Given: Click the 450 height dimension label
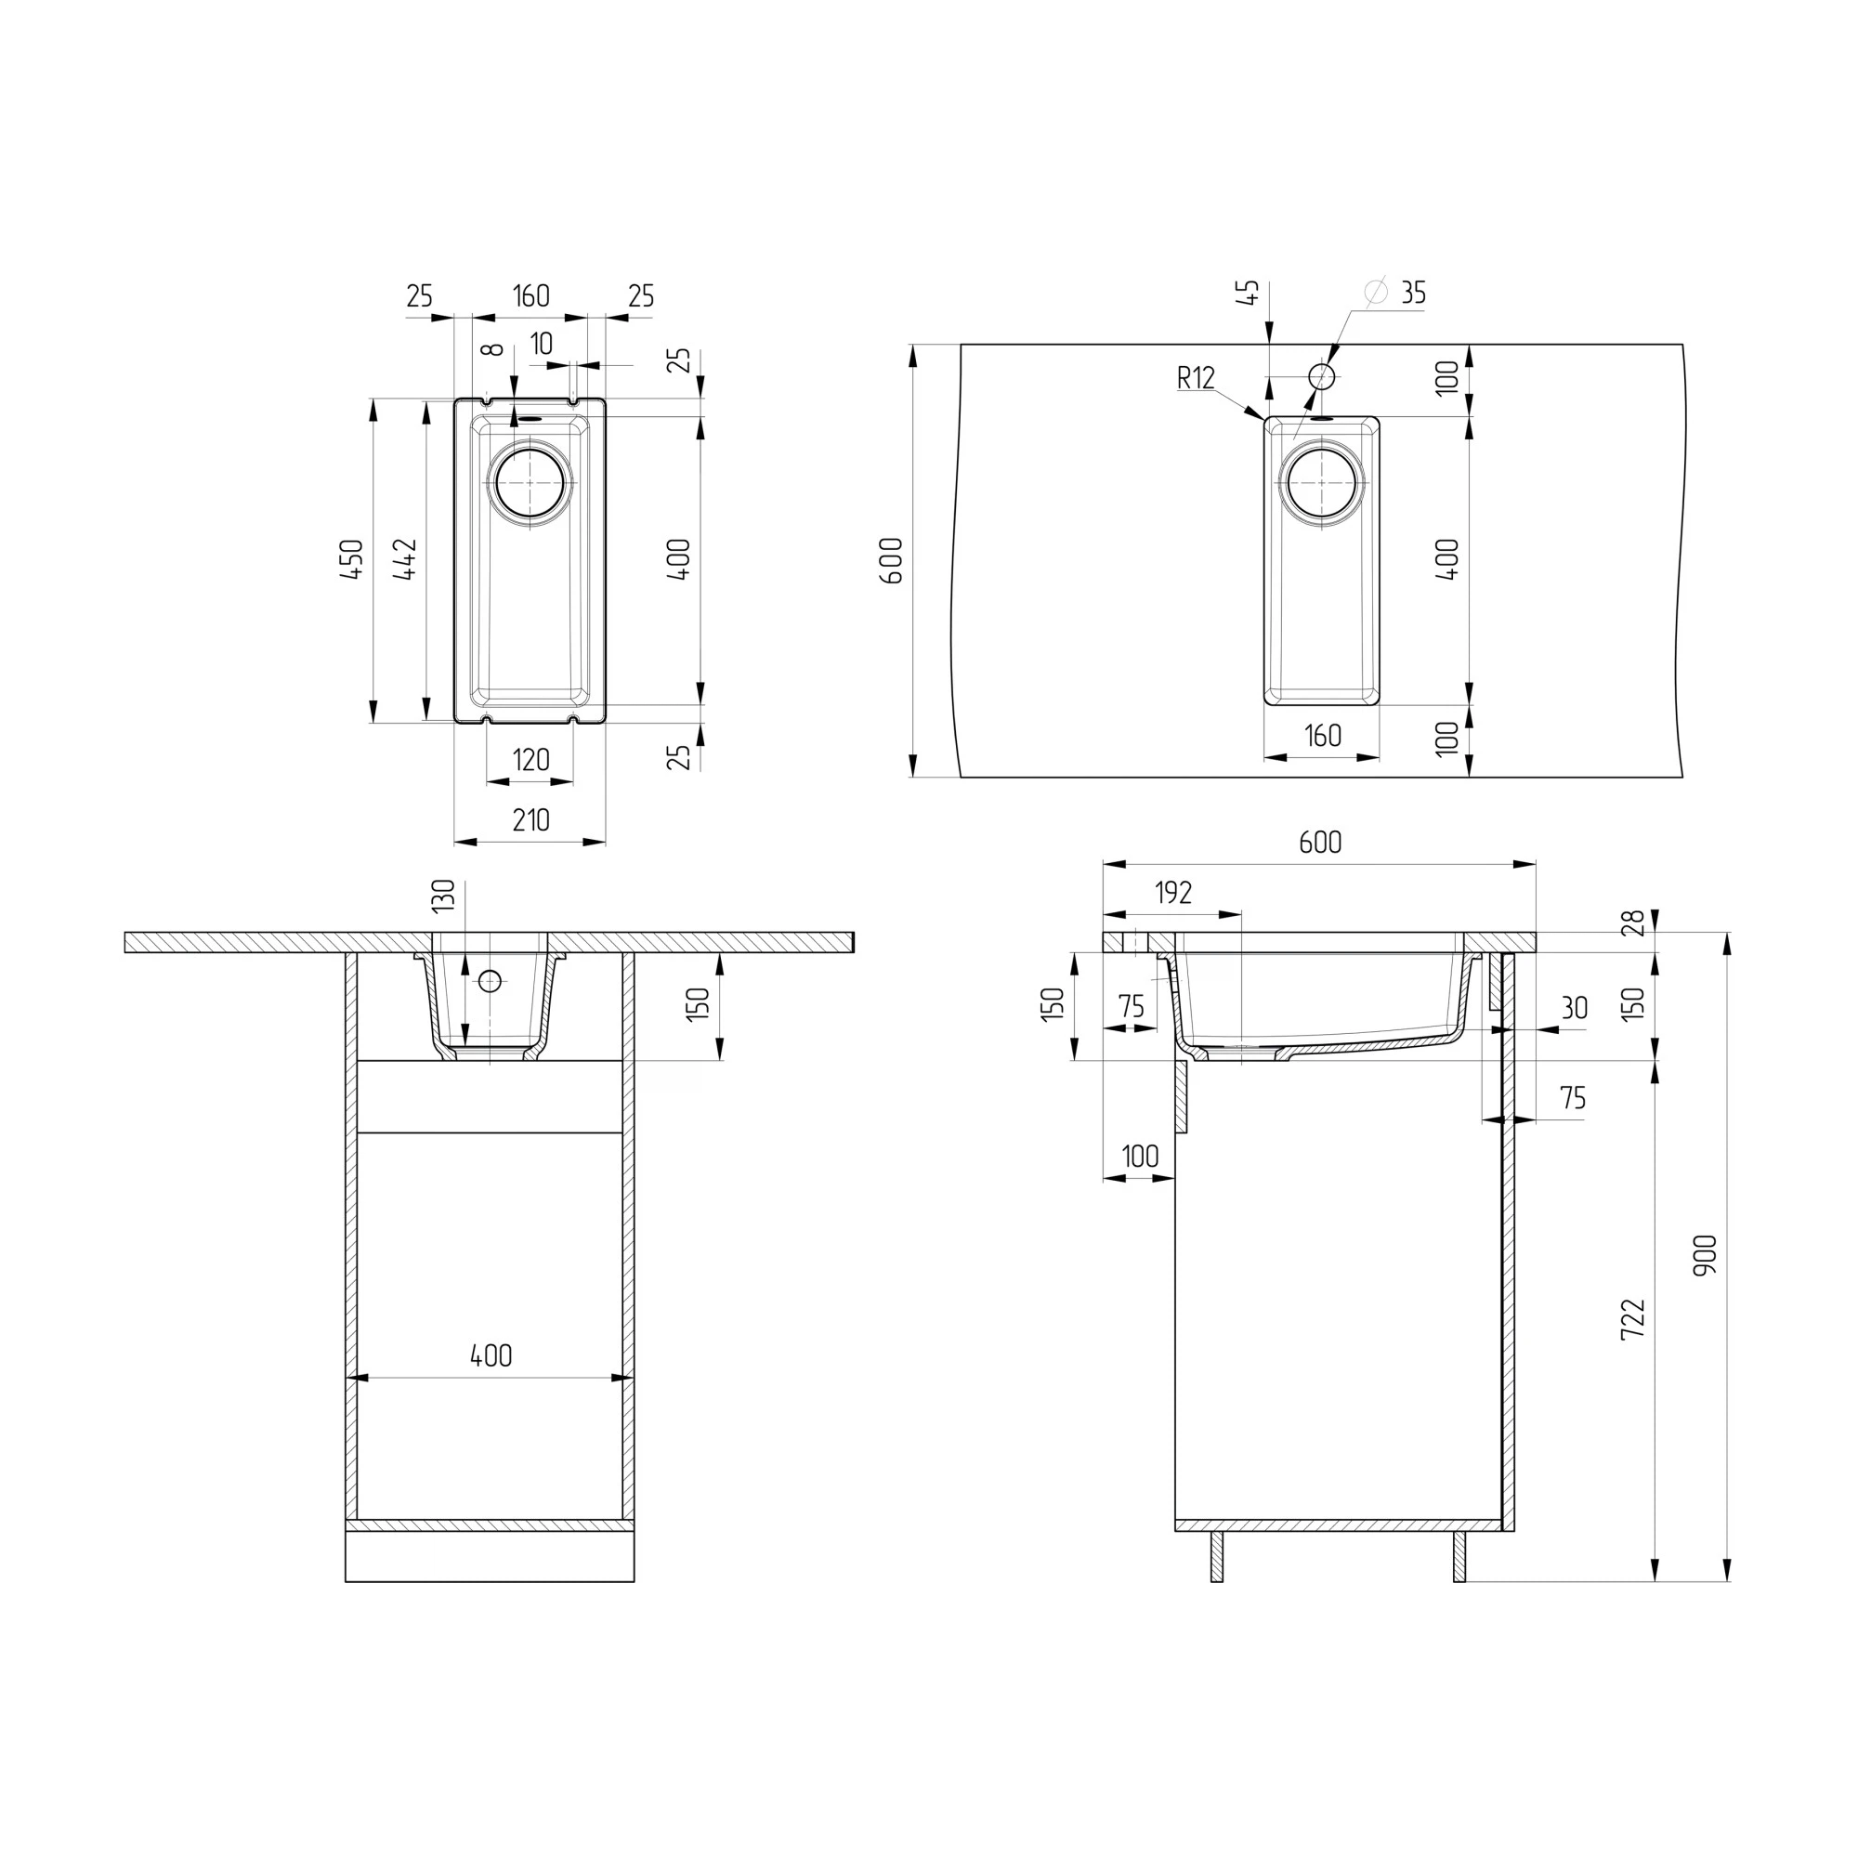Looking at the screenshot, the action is click(353, 558).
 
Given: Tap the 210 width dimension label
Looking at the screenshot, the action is click(530, 820).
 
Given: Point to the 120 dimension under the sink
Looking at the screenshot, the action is click(530, 760).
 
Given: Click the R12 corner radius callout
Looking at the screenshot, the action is click(1197, 378).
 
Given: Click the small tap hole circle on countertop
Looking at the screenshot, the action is click(1322, 376).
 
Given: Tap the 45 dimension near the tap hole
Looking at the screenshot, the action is click(1249, 293).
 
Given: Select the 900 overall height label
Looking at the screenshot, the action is click(1706, 1255).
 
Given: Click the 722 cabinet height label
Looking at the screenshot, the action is click(1634, 1319).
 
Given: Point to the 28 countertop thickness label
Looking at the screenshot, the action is click(1634, 922).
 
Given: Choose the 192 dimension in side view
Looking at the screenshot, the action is click(1173, 894).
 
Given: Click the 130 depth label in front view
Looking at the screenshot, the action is click(442, 896).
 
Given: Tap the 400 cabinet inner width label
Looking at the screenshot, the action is click(491, 1356).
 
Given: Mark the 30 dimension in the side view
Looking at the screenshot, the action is click(1575, 1008).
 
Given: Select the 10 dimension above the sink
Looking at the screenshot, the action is click(542, 344).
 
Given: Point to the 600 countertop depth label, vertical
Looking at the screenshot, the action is click(892, 561).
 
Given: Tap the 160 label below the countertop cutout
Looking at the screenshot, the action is click(1322, 736).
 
